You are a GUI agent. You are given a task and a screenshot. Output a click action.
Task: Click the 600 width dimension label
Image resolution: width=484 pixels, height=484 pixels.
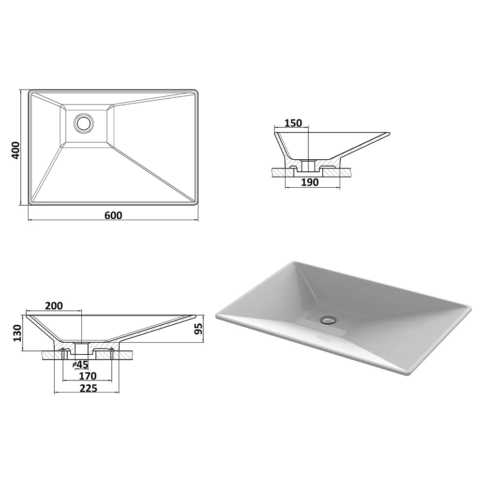(113, 215)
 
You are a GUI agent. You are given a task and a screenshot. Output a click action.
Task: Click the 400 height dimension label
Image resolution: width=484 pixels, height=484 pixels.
(15, 151)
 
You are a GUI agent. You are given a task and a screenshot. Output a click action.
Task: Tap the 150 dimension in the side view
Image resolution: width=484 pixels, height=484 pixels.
(293, 123)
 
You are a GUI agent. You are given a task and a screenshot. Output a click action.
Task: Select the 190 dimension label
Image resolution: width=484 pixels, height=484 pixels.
(310, 182)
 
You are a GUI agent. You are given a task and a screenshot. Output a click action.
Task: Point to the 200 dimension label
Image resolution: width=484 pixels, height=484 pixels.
(54, 305)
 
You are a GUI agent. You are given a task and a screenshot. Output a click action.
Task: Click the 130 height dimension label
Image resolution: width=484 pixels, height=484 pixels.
(17, 333)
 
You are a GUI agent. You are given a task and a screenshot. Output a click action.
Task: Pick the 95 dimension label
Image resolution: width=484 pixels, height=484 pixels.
(199, 329)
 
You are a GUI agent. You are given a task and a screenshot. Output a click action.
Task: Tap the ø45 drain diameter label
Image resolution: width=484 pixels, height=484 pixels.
(80, 364)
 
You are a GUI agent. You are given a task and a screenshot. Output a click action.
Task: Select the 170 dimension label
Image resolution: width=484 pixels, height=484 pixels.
(88, 376)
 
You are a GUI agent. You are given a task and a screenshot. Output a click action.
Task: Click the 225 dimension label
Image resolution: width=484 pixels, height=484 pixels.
(89, 388)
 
